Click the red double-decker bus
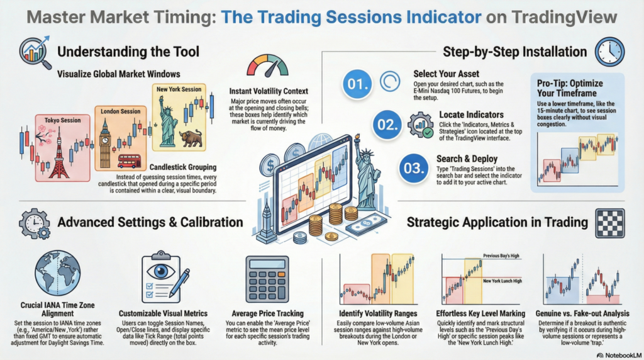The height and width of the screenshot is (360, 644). point(129,161)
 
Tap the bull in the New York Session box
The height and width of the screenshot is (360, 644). point(186,138)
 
